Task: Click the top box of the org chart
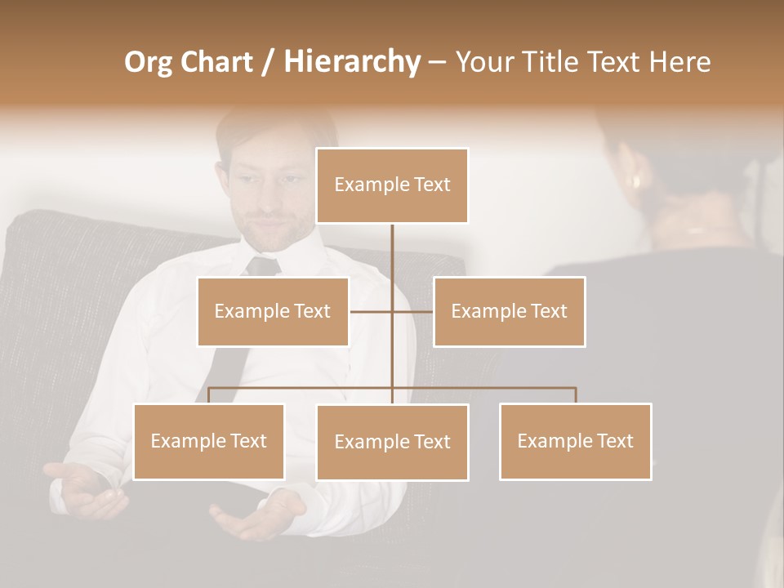pos(392,185)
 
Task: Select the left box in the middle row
pos(273,311)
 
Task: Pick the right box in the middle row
pos(509,311)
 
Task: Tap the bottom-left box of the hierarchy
pos(209,441)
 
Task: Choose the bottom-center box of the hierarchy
pos(392,442)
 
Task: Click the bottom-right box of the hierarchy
pos(575,441)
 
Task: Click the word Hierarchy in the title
pos(351,62)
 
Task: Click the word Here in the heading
pos(679,62)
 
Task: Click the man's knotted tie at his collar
pos(263,266)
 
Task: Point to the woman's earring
pos(636,180)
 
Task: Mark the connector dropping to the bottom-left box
pos(209,395)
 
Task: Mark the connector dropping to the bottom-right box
pos(575,395)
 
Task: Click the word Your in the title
pos(484,62)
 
